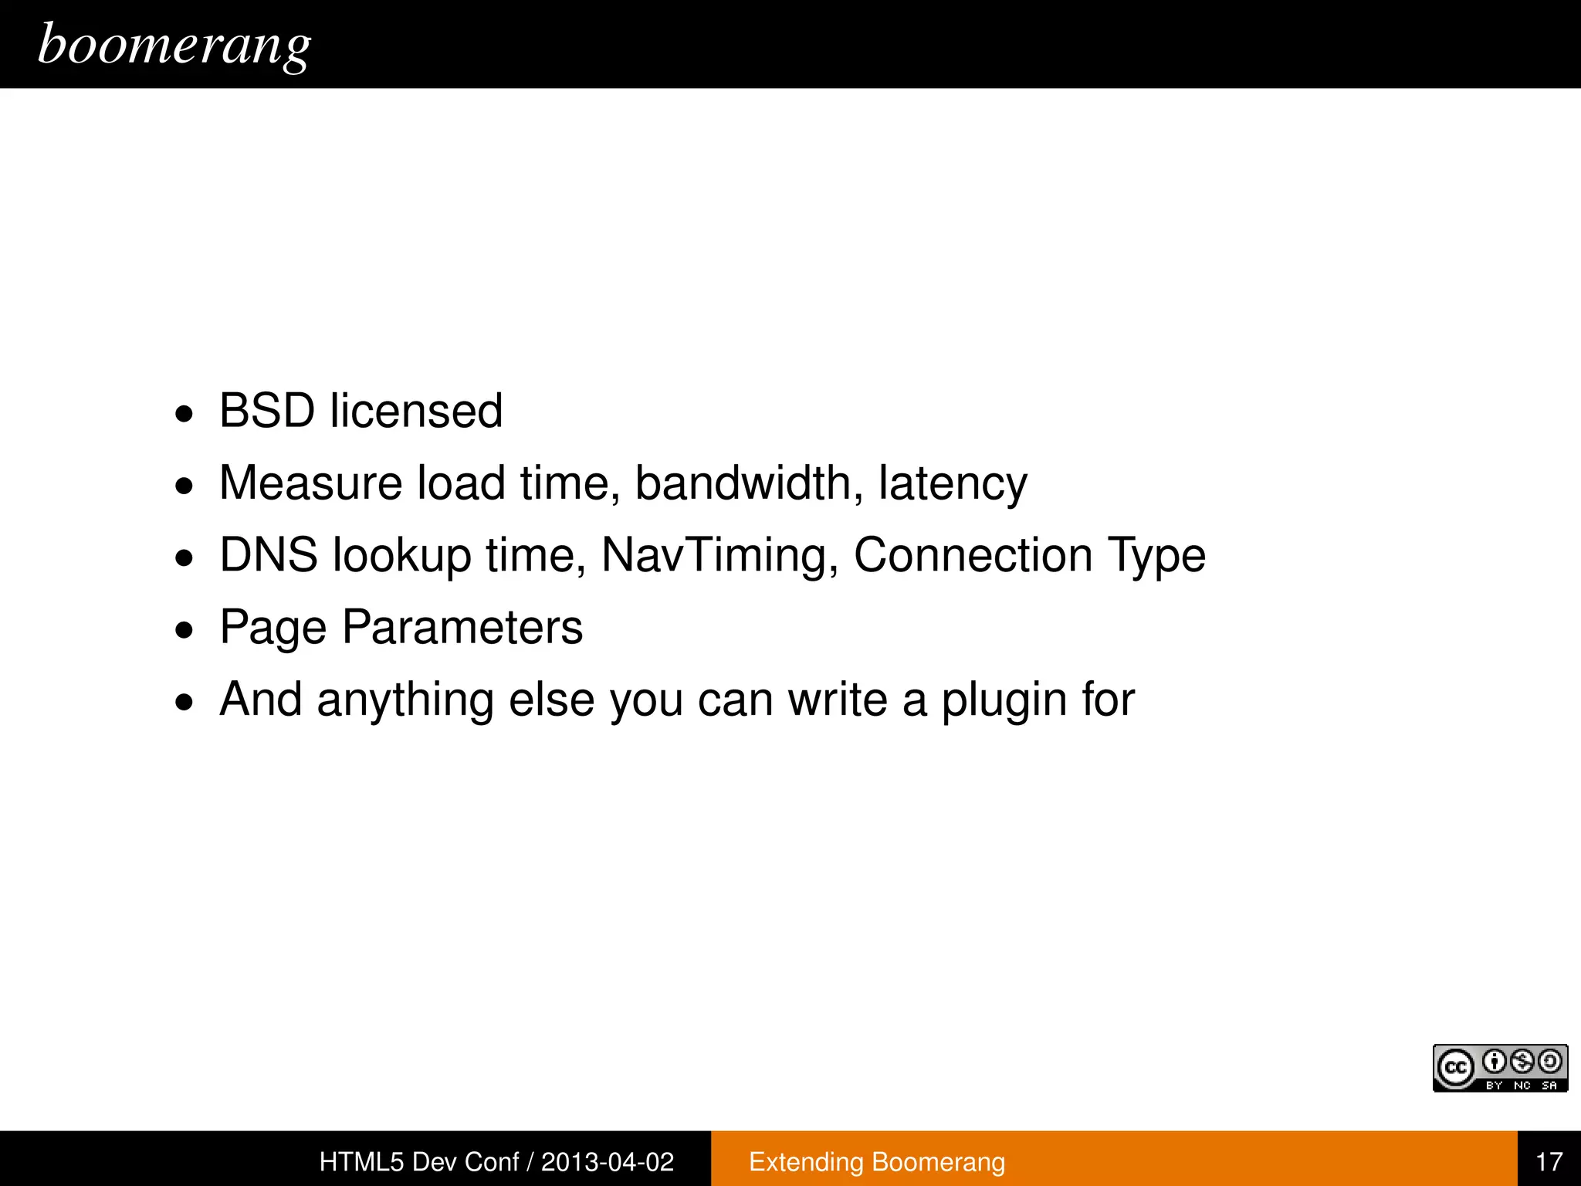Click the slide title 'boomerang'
[x=174, y=45]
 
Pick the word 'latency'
[x=953, y=485]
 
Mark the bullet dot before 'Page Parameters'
[x=185, y=631]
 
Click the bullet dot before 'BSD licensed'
[x=185, y=415]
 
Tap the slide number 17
[x=1549, y=1161]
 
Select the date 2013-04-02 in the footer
[x=608, y=1161]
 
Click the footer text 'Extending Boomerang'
[x=877, y=1161]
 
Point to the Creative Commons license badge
[x=1500, y=1068]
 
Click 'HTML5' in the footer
[x=361, y=1161]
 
